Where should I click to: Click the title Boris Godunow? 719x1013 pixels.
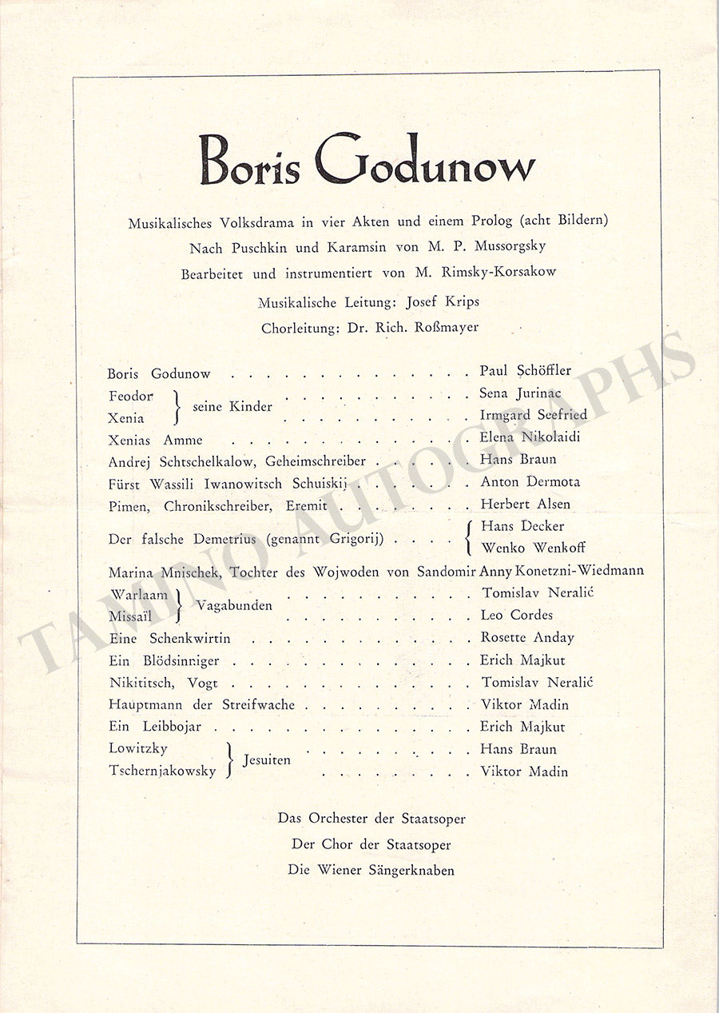(x=367, y=160)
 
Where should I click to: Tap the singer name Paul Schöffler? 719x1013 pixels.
(x=525, y=371)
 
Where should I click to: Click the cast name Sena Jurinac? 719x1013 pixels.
(x=520, y=393)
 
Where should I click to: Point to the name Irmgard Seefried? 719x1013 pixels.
(x=533, y=415)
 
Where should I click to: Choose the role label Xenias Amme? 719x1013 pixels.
(x=155, y=440)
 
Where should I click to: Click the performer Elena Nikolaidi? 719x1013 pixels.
(x=529, y=437)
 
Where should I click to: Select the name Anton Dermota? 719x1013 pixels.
(x=530, y=482)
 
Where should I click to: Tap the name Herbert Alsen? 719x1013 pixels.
(x=525, y=505)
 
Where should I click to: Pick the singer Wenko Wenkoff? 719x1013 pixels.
(x=533, y=548)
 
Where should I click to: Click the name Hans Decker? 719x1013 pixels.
(x=522, y=526)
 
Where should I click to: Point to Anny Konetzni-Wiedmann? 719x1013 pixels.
(x=561, y=571)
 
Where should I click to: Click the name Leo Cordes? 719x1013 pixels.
(x=516, y=615)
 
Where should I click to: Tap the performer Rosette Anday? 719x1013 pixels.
(x=526, y=637)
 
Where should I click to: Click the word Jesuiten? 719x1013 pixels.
(x=268, y=760)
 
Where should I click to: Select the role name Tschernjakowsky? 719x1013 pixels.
(x=162, y=771)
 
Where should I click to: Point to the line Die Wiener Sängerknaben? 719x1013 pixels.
(x=371, y=870)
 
